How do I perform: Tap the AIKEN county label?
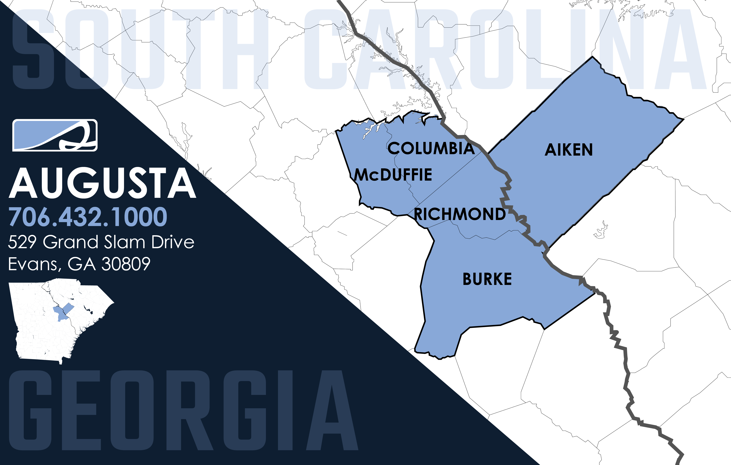(x=569, y=150)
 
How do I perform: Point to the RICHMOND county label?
(x=460, y=214)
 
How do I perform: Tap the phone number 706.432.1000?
(x=88, y=217)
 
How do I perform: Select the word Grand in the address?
(x=71, y=242)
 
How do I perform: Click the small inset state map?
(x=61, y=322)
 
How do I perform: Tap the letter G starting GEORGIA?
(x=30, y=410)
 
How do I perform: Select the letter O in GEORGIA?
(x=132, y=410)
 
